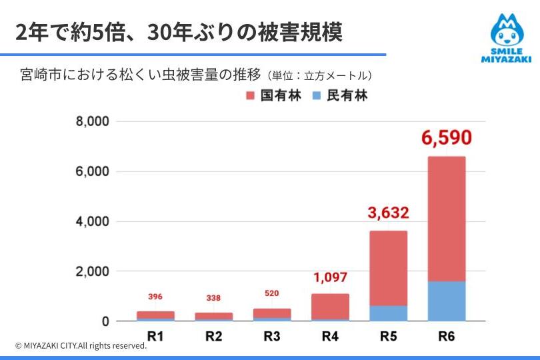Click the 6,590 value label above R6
pos(447,139)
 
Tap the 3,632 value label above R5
pos(388,213)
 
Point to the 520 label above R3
pos(271,293)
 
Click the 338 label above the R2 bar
pos(213,297)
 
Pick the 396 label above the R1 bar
pos(155,296)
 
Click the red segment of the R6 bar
pos(447,219)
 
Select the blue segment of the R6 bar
pos(447,301)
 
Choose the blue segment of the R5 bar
pos(388,313)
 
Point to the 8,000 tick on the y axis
pos(92,122)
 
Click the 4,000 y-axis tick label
pos(92,221)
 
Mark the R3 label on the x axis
pos(271,336)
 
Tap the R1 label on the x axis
pos(155,336)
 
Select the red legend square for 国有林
pos(251,96)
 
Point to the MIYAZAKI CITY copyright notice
pos(81,345)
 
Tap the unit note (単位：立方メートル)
pos(319,75)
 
